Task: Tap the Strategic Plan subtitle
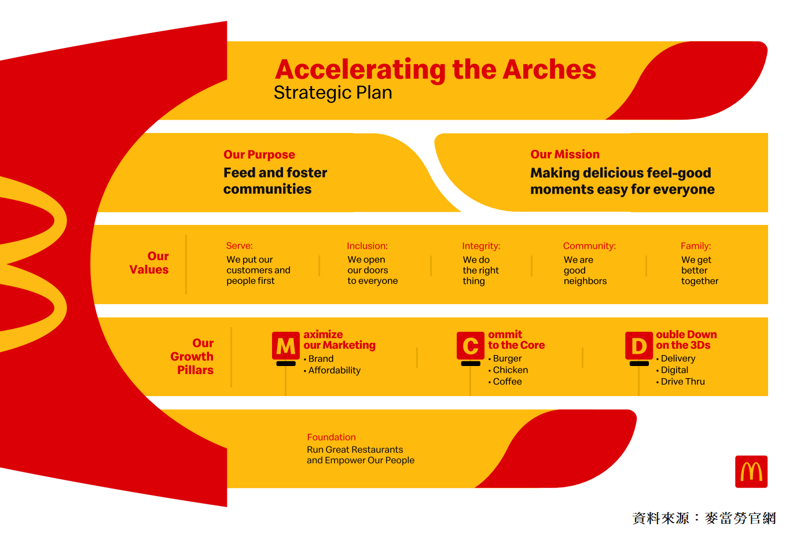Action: (x=333, y=93)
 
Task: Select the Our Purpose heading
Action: (x=259, y=154)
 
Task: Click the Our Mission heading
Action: (x=565, y=154)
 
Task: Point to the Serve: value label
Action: (x=240, y=246)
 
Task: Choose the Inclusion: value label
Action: (x=367, y=246)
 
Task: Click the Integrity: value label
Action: (x=481, y=246)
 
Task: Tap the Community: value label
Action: (x=589, y=246)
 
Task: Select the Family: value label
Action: (x=696, y=246)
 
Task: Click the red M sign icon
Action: (x=286, y=346)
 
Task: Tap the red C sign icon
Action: (x=471, y=346)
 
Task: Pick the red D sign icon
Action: (x=639, y=346)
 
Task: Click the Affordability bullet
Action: (x=332, y=371)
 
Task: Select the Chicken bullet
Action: (x=508, y=370)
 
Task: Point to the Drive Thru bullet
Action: (x=680, y=382)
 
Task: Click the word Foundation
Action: (x=331, y=437)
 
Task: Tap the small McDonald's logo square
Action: (x=751, y=471)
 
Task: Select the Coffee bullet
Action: (x=505, y=382)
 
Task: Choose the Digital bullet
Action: (x=672, y=370)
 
